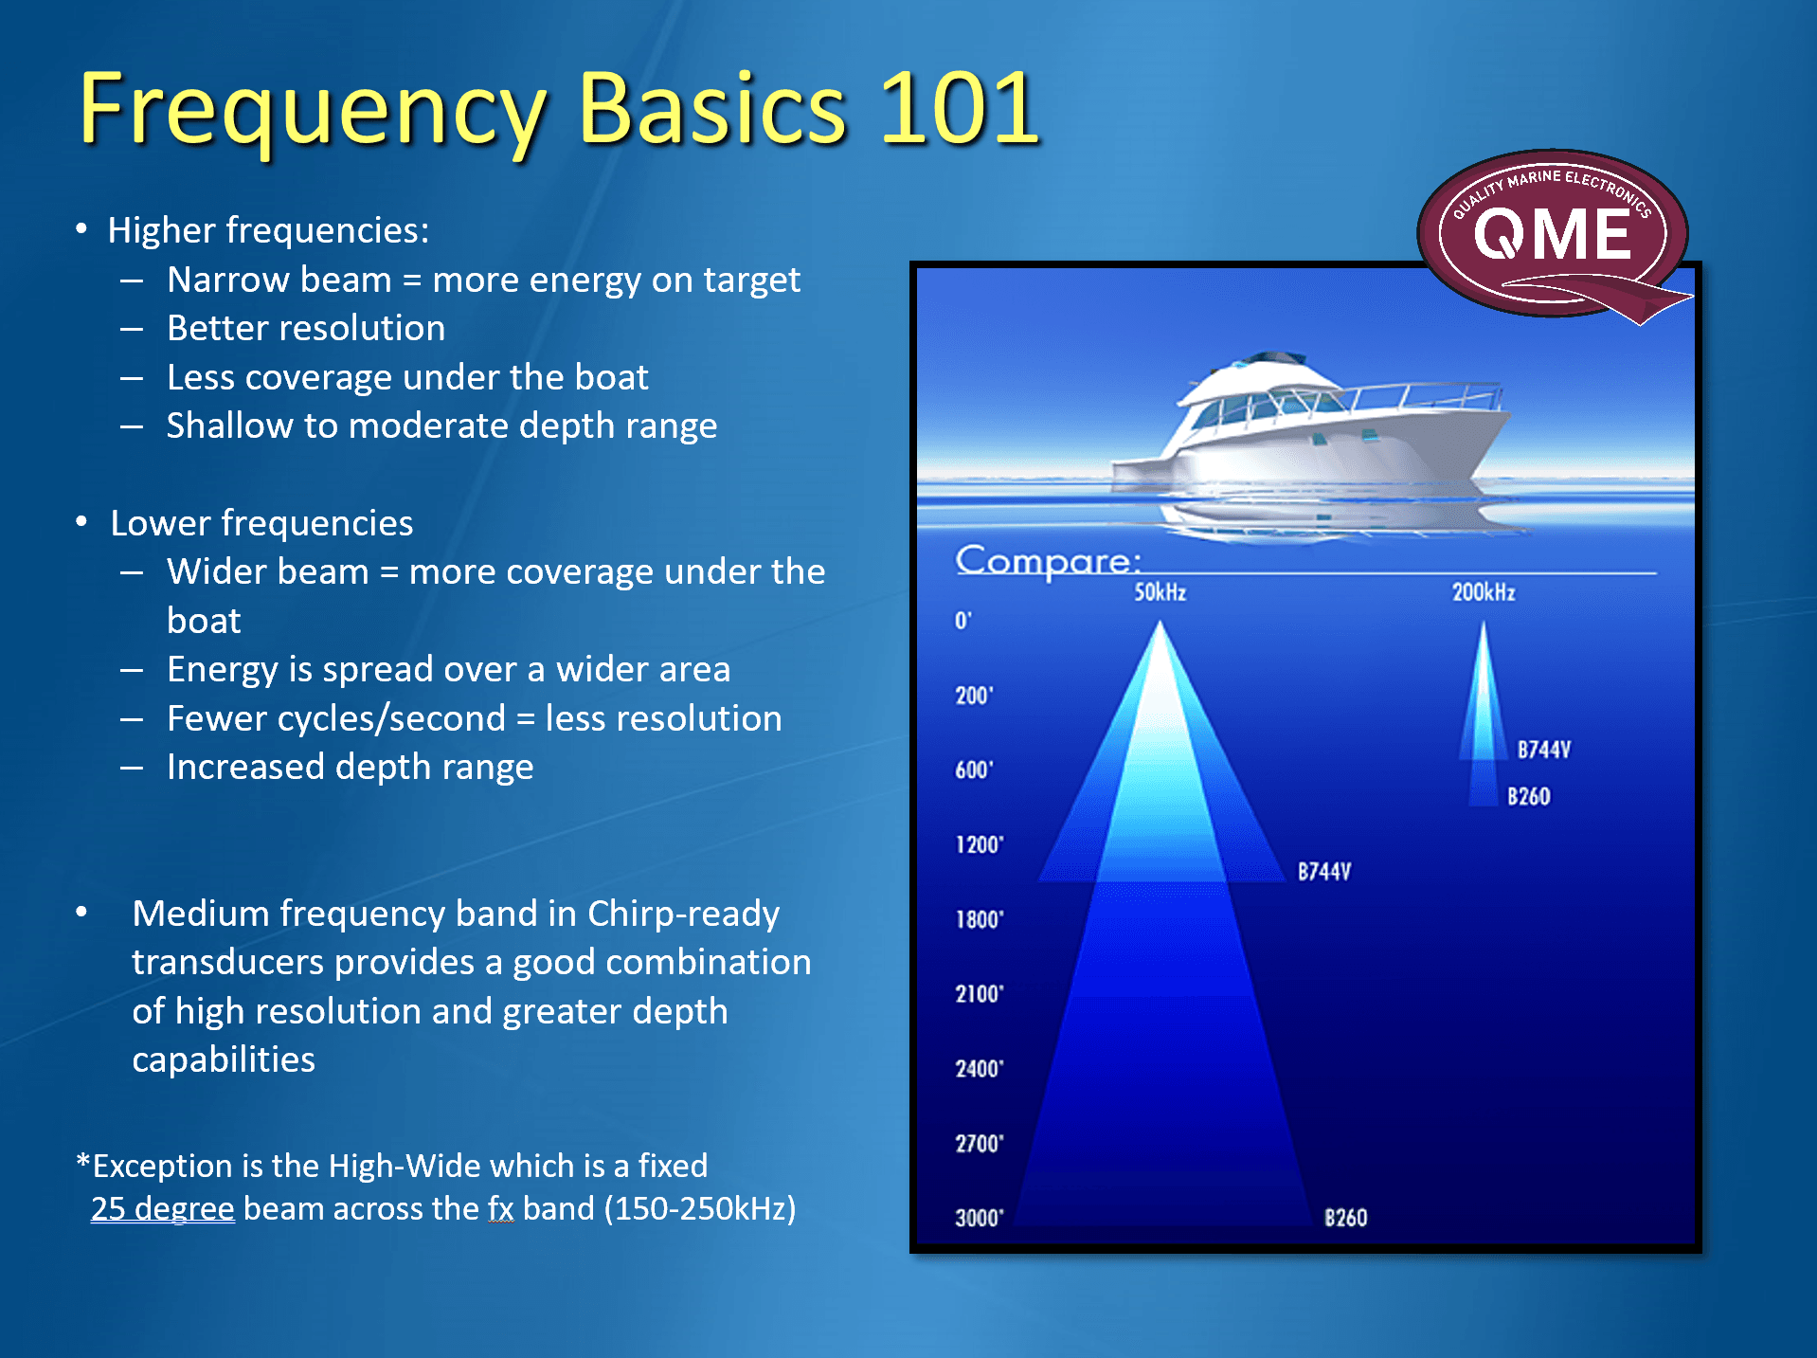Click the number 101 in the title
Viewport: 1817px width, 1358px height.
click(960, 110)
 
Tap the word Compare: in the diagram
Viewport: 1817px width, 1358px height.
click(1048, 560)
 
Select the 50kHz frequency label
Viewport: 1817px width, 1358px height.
click(1160, 592)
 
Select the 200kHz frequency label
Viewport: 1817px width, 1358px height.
click(1483, 592)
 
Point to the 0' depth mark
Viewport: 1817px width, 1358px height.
click(962, 621)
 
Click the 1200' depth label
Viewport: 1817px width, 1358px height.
click(979, 844)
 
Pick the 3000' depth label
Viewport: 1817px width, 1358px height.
click(979, 1218)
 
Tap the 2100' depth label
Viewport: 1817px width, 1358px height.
click(979, 994)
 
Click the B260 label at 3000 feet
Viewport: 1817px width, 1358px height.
click(1345, 1218)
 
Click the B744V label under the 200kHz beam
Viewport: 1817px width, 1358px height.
click(1543, 750)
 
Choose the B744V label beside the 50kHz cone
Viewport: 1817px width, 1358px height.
click(1323, 871)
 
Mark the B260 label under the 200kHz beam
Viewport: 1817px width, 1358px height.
click(1528, 796)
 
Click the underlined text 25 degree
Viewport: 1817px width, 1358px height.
click(162, 1208)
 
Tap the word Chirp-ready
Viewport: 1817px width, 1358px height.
click(683, 913)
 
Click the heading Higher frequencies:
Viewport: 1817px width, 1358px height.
click(268, 230)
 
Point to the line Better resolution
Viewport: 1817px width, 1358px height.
click(305, 328)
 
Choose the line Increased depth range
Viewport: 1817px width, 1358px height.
click(350, 767)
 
